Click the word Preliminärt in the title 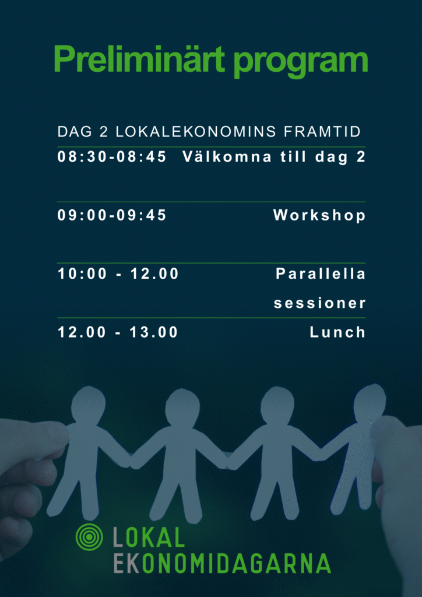139,59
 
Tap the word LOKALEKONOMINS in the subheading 196,132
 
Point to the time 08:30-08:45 112,157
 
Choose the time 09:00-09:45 112,216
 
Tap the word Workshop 319,216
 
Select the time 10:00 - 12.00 118,274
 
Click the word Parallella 321,274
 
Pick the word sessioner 319,304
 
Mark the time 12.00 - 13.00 118,332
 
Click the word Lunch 337,332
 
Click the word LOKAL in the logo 149,537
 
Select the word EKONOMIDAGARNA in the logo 222,563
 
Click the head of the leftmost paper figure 88,404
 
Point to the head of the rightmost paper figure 369,401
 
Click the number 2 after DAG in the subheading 104,132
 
